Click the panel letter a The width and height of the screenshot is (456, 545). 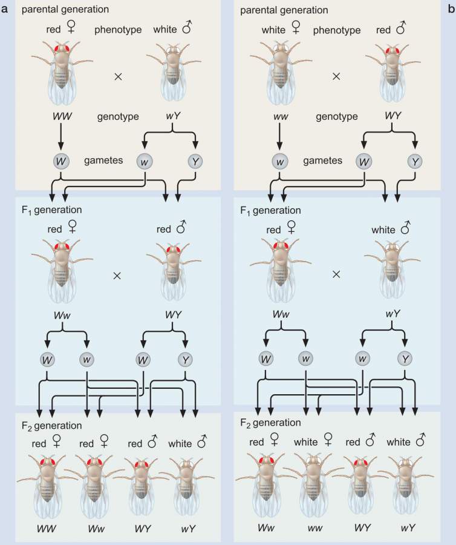coord(5,9)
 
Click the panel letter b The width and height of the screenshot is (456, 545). coord(451,9)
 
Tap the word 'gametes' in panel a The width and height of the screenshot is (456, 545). coord(117,160)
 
